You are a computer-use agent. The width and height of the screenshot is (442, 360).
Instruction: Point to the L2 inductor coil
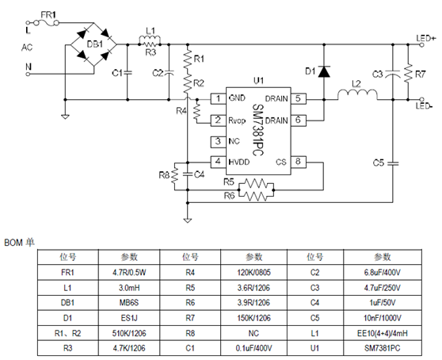click(x=356, y=96)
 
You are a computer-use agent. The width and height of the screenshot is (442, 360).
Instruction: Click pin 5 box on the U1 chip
click(x=298, y=98)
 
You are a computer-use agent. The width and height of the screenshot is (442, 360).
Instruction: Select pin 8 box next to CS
click(x=298, y=162)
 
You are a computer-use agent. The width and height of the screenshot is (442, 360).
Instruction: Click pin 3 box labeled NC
click(x=215, y=141)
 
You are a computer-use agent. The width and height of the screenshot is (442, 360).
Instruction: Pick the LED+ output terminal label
click(x=425, y=38)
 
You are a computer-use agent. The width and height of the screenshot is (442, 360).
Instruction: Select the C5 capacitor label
click(x=379, y=162)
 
